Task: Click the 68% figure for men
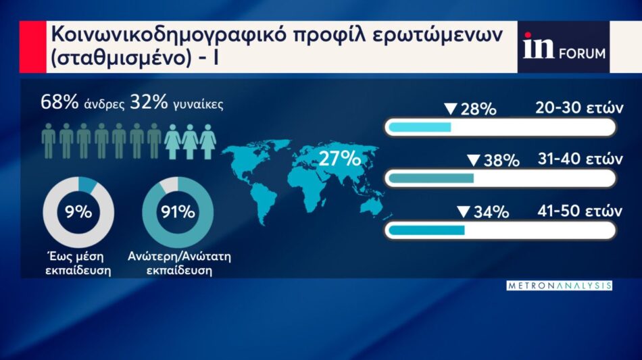coord(59,102)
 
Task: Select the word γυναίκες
coord(198,104)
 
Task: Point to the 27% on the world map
coord(339,158)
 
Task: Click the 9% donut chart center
coord(78,212)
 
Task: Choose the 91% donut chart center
coord(178,212)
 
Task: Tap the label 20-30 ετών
coord(579,107)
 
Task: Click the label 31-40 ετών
coord(581,159)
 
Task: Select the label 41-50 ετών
coord(580,211)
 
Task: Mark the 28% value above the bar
coord(478,109)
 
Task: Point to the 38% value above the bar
coord(501,160)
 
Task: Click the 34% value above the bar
coord(491,212)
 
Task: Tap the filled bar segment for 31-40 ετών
coord(430,178)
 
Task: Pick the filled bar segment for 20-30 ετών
coord(420,127)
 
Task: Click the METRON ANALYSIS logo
coord(560,286)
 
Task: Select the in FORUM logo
coord(564,47)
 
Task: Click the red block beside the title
coord(32,47)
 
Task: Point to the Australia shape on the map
coord(370,203)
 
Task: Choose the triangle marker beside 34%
coord(463,211)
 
